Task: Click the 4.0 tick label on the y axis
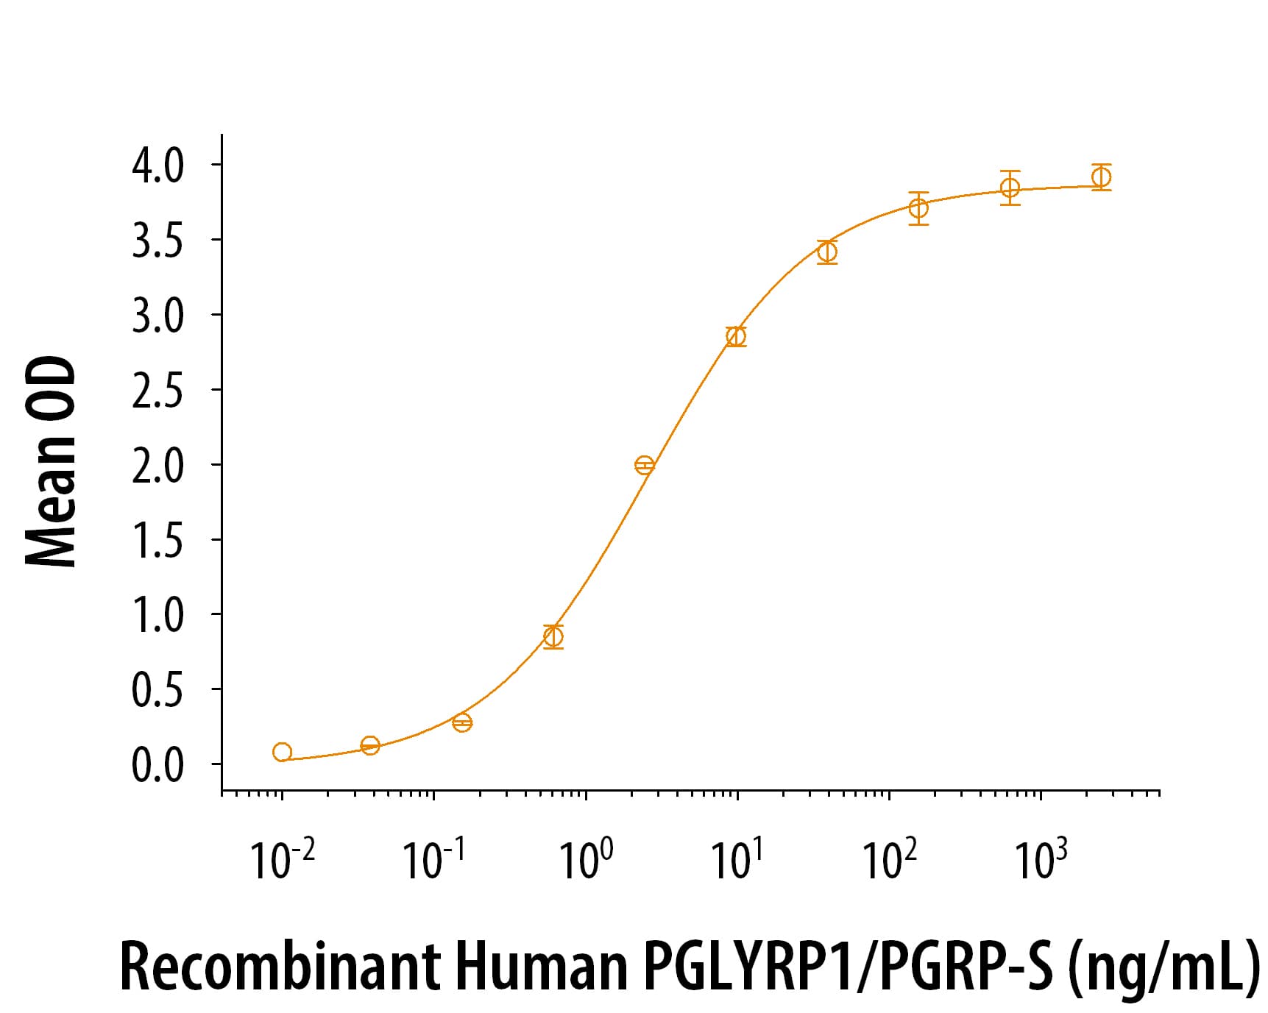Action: (x=157, y=166)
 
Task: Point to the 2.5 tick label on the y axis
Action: (x=157, y=391)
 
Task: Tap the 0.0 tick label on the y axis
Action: (x=157, y=765)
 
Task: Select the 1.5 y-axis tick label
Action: (x=157, y=541)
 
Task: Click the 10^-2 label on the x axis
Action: (x=282, y=859)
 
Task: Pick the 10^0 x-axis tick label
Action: (x=586, y=859)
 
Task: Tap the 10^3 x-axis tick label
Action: (x=1041, y=859)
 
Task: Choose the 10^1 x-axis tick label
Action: (x=737, y=859)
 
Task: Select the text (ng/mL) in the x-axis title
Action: (x=1163, y=966)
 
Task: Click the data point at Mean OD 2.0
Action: (x=644, y=465)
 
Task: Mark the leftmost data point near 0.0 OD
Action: (x=282, y=752)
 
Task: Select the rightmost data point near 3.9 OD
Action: (x=1101, y=177)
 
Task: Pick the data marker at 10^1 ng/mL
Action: (x=735, y=336)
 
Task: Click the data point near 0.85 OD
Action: (x=553, y=636)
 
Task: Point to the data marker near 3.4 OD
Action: (x=827, y=252)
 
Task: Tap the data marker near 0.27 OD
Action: (x=462, y=722)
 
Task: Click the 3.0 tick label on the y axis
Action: (x=157, y=316)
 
